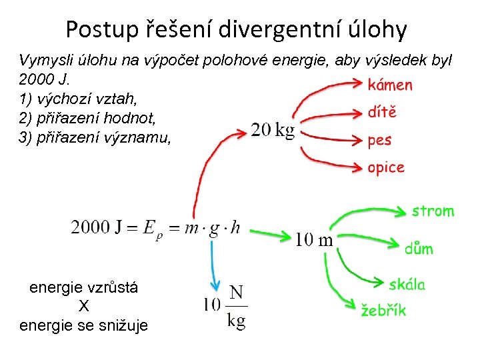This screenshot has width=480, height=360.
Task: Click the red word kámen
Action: pos(390,85)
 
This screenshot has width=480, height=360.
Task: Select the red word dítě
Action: pos(382,112)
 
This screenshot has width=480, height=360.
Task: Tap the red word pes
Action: pos(379,141)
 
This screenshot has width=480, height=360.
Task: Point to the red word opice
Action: pos(386,167)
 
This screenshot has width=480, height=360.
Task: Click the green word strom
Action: pos(433,211)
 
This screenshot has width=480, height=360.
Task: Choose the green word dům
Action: pos(419,249)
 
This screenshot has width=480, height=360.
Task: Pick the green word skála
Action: pos(407,285)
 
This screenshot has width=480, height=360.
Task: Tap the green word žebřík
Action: pos(383,310)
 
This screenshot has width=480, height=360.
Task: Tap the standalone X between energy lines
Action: pos(83,307)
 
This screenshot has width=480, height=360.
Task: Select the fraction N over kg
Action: pos(236,306)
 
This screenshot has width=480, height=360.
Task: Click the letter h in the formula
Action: pos(235,227)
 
